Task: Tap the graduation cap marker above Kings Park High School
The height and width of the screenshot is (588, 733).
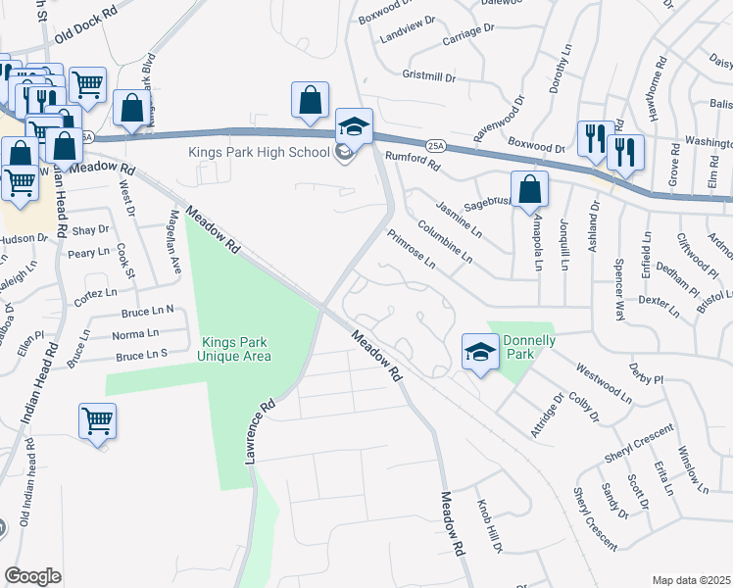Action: point(354,127)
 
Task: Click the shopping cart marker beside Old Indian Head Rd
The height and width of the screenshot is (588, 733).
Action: point(98,422)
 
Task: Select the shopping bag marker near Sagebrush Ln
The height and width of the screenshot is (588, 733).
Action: point(529,190)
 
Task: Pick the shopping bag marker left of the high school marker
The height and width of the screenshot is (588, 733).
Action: point(310,101)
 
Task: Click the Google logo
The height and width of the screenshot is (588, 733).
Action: point(32,576)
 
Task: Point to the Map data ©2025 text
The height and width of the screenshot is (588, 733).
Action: point(691,580)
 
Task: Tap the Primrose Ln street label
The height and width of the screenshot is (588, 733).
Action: point(411,249)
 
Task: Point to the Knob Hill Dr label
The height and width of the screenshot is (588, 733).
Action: point(488,525)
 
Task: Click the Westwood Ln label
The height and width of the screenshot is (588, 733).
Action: point(604,384)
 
